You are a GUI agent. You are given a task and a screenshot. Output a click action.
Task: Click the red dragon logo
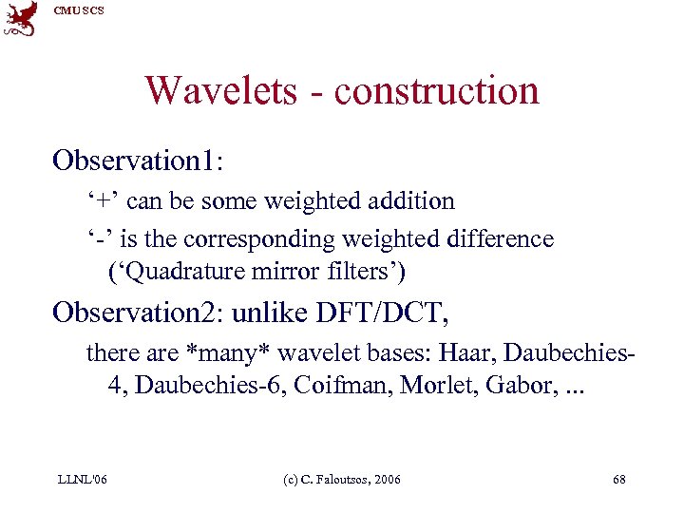(20, 18)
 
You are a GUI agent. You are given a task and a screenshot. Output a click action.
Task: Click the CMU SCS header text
(79, 10)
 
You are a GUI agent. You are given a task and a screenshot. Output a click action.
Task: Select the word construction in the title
(436, 91)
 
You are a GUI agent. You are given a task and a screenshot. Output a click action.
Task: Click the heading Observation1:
(138, 159)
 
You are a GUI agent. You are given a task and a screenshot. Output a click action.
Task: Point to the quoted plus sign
(102, 201)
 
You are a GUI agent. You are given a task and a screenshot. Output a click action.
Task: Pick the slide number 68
(619, 480)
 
